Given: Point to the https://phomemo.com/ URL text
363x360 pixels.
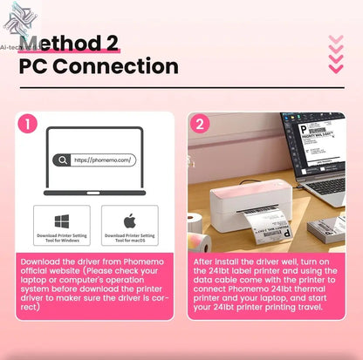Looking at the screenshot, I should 103,160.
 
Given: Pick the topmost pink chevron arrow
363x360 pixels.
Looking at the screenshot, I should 335,40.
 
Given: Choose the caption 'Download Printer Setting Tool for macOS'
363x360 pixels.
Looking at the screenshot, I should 129,237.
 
